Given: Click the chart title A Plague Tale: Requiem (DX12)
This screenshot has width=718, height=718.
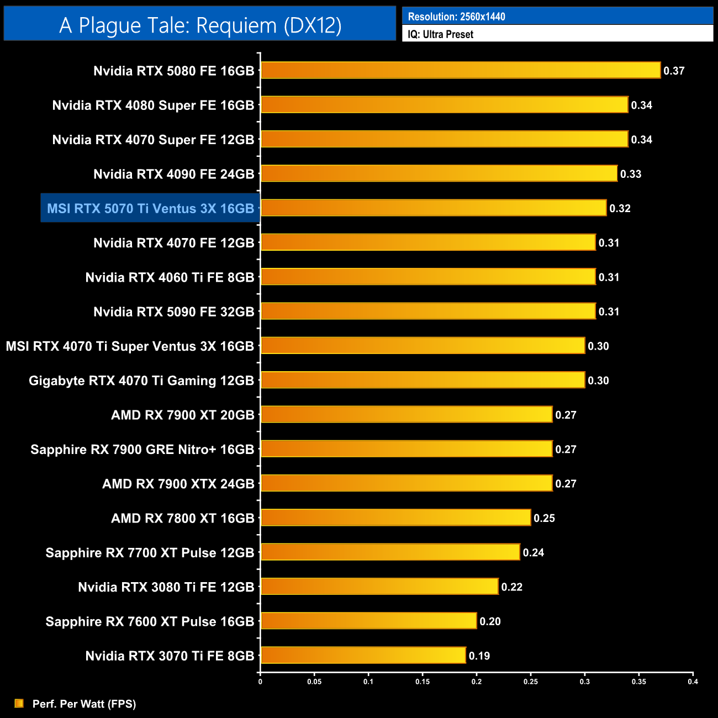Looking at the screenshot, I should [200, 25].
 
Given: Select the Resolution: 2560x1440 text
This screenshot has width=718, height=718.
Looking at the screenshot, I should [456, 17].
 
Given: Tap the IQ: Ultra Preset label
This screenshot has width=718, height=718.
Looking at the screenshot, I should [440, 34].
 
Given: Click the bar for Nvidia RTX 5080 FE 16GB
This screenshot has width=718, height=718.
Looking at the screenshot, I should [460, 71].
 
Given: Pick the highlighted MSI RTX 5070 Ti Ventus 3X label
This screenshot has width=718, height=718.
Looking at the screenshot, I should [150, 208].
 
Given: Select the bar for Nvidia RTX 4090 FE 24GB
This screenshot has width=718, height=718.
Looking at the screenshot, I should [439, 174].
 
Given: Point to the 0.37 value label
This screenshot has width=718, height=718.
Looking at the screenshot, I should [674, 71].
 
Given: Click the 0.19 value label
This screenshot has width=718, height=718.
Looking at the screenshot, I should [479, 656].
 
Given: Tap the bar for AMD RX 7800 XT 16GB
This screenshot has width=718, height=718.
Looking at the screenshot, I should [395, 518].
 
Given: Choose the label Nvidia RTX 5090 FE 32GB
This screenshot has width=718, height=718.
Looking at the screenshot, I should [173, 312].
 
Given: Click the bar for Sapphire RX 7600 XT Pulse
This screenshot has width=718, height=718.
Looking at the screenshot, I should [368, 621].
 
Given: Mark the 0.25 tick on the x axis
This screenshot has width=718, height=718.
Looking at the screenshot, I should [530, 682].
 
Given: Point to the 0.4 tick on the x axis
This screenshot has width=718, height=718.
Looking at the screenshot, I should [693, 682].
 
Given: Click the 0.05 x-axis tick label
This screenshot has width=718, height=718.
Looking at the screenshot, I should [314, 682].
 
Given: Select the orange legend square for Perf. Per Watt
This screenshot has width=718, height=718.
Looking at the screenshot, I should [19, 703].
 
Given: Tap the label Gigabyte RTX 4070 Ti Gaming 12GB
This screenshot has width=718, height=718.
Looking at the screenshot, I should [141, 381].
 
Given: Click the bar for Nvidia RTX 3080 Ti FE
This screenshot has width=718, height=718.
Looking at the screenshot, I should [379, 587].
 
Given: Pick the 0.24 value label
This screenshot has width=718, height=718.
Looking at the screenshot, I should [533, 552].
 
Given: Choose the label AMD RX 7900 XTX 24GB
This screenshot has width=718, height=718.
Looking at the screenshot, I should [178, 484].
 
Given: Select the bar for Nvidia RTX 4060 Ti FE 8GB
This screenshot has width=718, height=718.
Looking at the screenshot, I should [428, 277].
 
